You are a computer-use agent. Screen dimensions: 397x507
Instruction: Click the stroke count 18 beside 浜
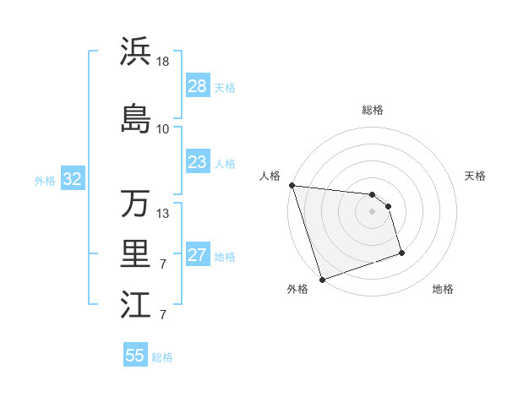pyautogui.click(x=163, y=62)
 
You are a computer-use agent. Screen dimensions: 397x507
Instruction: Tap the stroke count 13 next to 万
pyautogui.click(x=163, y=213)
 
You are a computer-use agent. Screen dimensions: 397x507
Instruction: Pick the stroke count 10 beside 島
pyautogui.click(x=163, y=128)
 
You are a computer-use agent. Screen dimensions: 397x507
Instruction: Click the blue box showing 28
pyautogui.click(x=197, y=86)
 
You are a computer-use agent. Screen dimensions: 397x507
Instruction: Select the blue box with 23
pyautogui.click(x=197, y=162)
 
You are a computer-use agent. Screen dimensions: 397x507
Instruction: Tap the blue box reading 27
pyautogui.click(x=197, y=256)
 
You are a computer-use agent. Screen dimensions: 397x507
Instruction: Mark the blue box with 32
pyautogui.click(x=72, y=179)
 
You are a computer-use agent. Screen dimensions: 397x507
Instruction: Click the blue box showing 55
pyautogui.click(x=135, y=356)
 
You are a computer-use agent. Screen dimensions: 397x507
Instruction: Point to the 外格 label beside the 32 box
pyautogui.click(x=45, y=180)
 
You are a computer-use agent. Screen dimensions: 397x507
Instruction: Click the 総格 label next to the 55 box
pyautogui.click(x=162, y=357)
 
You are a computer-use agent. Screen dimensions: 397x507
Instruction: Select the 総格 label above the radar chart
pyautogui.click(x=373, y=110)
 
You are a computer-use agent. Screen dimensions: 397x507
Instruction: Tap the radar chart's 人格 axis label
pyautogui.click(x=270, y=176)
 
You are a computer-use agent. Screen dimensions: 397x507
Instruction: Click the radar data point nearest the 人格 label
pyautogui.click(x=292, y=185)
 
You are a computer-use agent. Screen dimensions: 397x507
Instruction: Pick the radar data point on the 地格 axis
pyautogui.click(x=401, y=253)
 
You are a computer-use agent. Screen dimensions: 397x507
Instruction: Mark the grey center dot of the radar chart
pyautogui.click(x=372, y=211)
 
